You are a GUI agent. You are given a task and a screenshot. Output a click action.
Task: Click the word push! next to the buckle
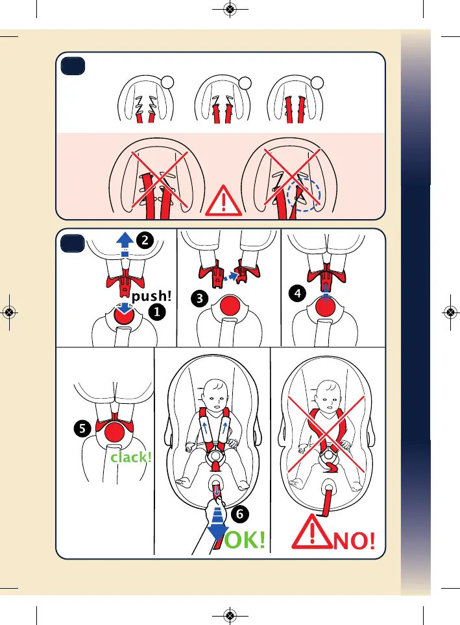[152, 297]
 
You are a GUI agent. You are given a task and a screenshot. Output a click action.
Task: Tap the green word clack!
[131, 457]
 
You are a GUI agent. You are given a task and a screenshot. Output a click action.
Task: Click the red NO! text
[354, 539]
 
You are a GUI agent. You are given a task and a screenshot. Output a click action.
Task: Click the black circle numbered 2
[145, 240]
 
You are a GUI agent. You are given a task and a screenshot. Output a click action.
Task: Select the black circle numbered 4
[298, 292]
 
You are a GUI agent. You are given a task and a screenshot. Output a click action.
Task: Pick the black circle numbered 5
[80, 428]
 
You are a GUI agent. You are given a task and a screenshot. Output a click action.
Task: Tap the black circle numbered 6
[239, 514]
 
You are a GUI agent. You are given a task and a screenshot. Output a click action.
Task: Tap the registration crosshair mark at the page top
[229, 9]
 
